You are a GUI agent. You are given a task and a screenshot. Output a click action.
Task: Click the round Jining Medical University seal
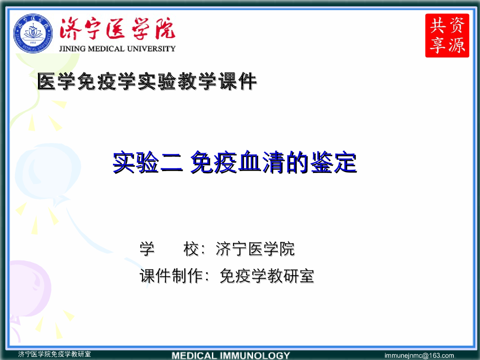tap(33, 33)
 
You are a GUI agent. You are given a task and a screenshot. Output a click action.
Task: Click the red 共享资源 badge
tap(447, 36)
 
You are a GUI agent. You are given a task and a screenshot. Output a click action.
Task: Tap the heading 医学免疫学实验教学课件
tap(147, 82)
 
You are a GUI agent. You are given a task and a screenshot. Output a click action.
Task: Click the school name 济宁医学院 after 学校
tap(255, 249)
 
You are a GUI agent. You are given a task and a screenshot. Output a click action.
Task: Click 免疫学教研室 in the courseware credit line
tap(267, 276)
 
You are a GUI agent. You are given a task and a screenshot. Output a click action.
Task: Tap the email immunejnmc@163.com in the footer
tap(419, 355)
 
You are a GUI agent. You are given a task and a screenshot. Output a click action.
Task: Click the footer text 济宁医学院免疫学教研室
tap(54, 354)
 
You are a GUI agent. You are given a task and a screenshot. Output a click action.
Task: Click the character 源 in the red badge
tap(457, 45)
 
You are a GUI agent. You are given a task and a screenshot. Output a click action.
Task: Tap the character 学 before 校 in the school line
tap(147, 249)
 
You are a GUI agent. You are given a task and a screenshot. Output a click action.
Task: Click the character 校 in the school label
tap(191, 249)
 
